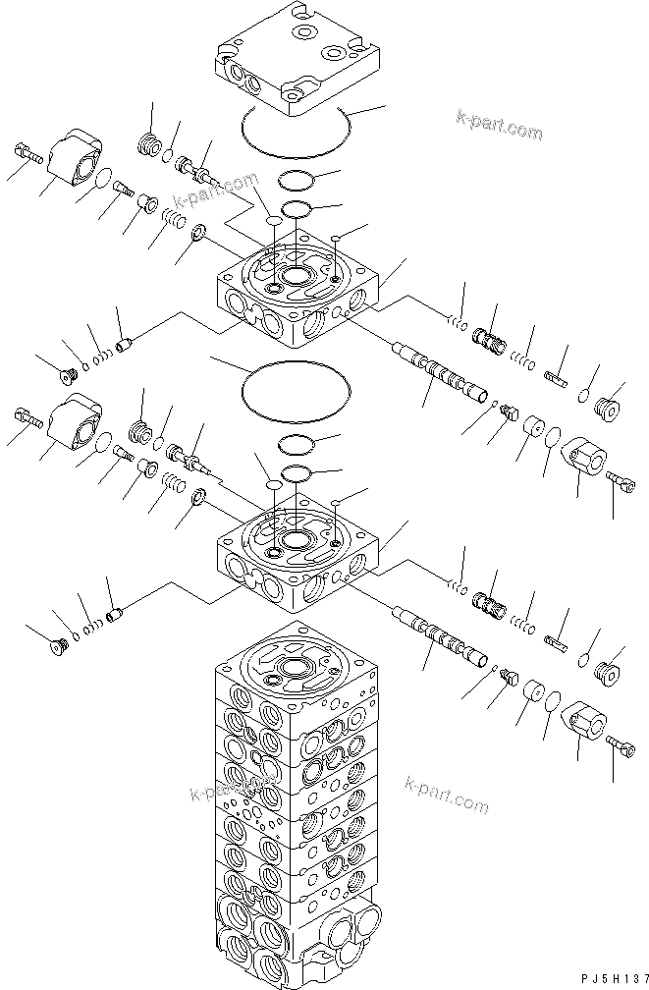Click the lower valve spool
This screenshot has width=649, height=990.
point(442,644)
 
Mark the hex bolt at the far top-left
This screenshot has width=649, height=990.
point(27,154)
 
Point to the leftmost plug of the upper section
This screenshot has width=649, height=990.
point(68,373)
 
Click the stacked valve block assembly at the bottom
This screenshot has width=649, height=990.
point(295,815)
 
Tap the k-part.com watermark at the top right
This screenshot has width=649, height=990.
point(499,127)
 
